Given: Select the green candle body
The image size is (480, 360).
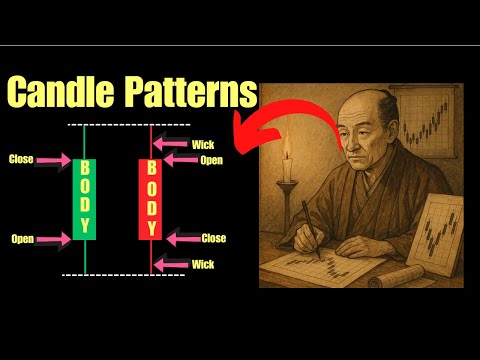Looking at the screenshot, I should coord(85,198).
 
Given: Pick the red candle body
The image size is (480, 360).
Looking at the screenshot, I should coord(151,198).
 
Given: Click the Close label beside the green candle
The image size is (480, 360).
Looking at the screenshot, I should coord(21,159).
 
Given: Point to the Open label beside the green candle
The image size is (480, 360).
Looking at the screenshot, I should coord(22,239).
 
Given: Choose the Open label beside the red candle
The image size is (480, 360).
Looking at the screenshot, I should coord(211,159).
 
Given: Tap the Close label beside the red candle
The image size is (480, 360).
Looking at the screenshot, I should coord(213,239).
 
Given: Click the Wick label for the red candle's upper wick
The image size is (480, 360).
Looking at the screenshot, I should coord(205,143).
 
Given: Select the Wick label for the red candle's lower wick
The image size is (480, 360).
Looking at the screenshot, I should coord(204,265).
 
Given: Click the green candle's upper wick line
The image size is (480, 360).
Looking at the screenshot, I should coord(85,140).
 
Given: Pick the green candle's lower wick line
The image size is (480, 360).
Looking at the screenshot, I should coord(85,257).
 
